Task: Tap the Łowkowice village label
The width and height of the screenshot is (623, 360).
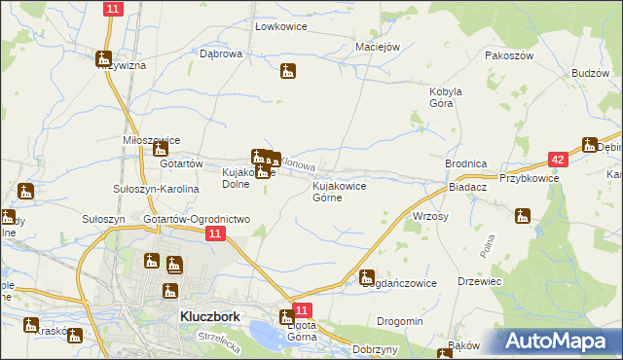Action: [x=280, y=26]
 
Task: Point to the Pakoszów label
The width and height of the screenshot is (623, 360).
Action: [x=510, y=55]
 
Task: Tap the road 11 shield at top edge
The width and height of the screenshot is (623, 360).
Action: [x=112, y=9]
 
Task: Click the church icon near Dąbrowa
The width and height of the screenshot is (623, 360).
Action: [x=287, y=71]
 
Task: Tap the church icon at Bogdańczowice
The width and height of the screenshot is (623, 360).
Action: [x=367, y=277]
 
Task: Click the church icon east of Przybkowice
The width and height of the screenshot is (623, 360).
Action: [x=590, y=145]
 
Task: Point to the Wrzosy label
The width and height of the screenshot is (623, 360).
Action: [x=430, y=216]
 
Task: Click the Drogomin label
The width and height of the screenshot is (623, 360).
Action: [x=400, y=321]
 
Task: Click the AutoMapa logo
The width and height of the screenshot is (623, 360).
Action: [x=561, y=342]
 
